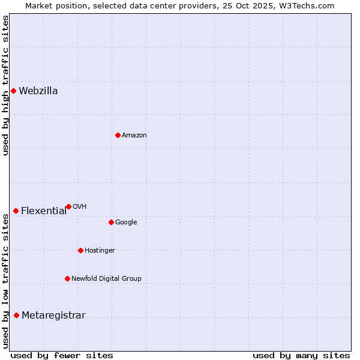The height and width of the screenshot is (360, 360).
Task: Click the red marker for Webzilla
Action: (13, 91)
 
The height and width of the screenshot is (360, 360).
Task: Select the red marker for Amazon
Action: (118, 135)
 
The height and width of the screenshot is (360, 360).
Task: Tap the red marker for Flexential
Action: (16, 211)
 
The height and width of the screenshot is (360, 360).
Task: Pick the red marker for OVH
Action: (68, 206)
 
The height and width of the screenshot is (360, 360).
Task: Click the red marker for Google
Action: (111, 222)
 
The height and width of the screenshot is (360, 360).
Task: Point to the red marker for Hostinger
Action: (80, 250)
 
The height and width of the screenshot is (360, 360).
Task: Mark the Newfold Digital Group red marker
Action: (67, 278)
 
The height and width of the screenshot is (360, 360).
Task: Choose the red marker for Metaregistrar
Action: (16, 316)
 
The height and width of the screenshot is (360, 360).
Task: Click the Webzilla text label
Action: (38, 91)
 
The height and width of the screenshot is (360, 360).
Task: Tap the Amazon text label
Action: (134, 136)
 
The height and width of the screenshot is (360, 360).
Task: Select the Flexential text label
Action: (44, 211)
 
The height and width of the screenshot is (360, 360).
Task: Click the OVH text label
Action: (80, 207)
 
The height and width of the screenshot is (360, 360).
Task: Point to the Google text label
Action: (126, 223)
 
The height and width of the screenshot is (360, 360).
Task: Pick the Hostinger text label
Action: (100, 251)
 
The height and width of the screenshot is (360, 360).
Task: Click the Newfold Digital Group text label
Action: (106, 279)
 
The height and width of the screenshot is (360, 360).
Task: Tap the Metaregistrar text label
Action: (53, 316)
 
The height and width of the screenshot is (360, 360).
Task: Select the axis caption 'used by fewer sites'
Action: (62, 355)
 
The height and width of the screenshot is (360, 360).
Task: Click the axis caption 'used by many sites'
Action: (301, 355)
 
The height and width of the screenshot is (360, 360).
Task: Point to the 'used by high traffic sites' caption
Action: (6, 86)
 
